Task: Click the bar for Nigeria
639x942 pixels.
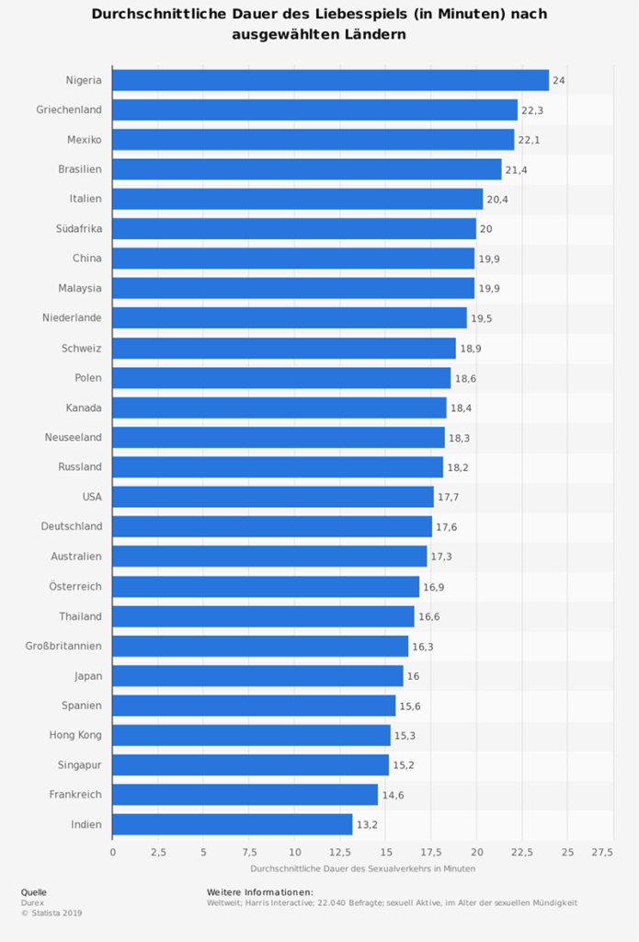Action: click(x=330, y=80)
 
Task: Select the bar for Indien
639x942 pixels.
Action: click(x=232, y=824)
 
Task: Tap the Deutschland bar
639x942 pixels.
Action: click(x=271, y=526)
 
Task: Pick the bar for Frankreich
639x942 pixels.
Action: click(x=245, y=794)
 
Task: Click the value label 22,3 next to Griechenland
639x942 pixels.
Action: click(x=531, y=110)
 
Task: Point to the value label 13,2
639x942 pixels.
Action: click(x=367, y=825)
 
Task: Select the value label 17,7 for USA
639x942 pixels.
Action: click(x=448, y=498)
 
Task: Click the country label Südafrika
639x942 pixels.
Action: click(x=78, y=228)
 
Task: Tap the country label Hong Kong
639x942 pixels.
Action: click(x=75, y=735)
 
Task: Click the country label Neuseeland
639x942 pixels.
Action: click(x=73, y=437)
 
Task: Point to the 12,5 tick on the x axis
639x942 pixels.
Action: click(x=339, y=853)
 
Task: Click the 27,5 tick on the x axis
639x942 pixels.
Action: click(x=602, y=853)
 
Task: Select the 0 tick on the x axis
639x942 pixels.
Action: click(x=113, y=853)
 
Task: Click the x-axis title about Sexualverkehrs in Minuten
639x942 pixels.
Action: click(x=362, y=868)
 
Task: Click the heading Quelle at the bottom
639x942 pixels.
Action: click(x=33, y=891)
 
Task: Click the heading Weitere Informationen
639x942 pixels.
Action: click(x=260, y=891)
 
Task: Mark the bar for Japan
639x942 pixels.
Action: click(x=257, y=675)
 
